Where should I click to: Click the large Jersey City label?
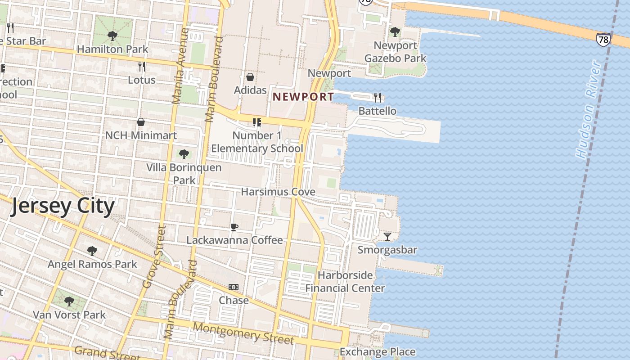63,206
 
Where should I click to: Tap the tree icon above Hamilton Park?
112,36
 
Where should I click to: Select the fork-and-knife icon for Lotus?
142,67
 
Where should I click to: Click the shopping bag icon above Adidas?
250,77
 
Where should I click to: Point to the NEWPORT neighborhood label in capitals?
303,97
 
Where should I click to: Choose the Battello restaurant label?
377,111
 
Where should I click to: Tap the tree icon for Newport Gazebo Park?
395,32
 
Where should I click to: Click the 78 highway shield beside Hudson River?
603,40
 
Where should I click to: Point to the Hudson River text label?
589,110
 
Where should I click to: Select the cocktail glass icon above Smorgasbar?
387,236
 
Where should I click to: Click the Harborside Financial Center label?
345,282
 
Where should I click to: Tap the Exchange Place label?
377,351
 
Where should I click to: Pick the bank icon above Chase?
234,287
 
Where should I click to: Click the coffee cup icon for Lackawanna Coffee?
234,227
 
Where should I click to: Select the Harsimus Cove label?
278,192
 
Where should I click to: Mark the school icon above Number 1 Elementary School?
256,122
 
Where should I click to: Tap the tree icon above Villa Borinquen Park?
184,154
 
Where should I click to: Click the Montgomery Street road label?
243,333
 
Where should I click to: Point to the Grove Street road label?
154,256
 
